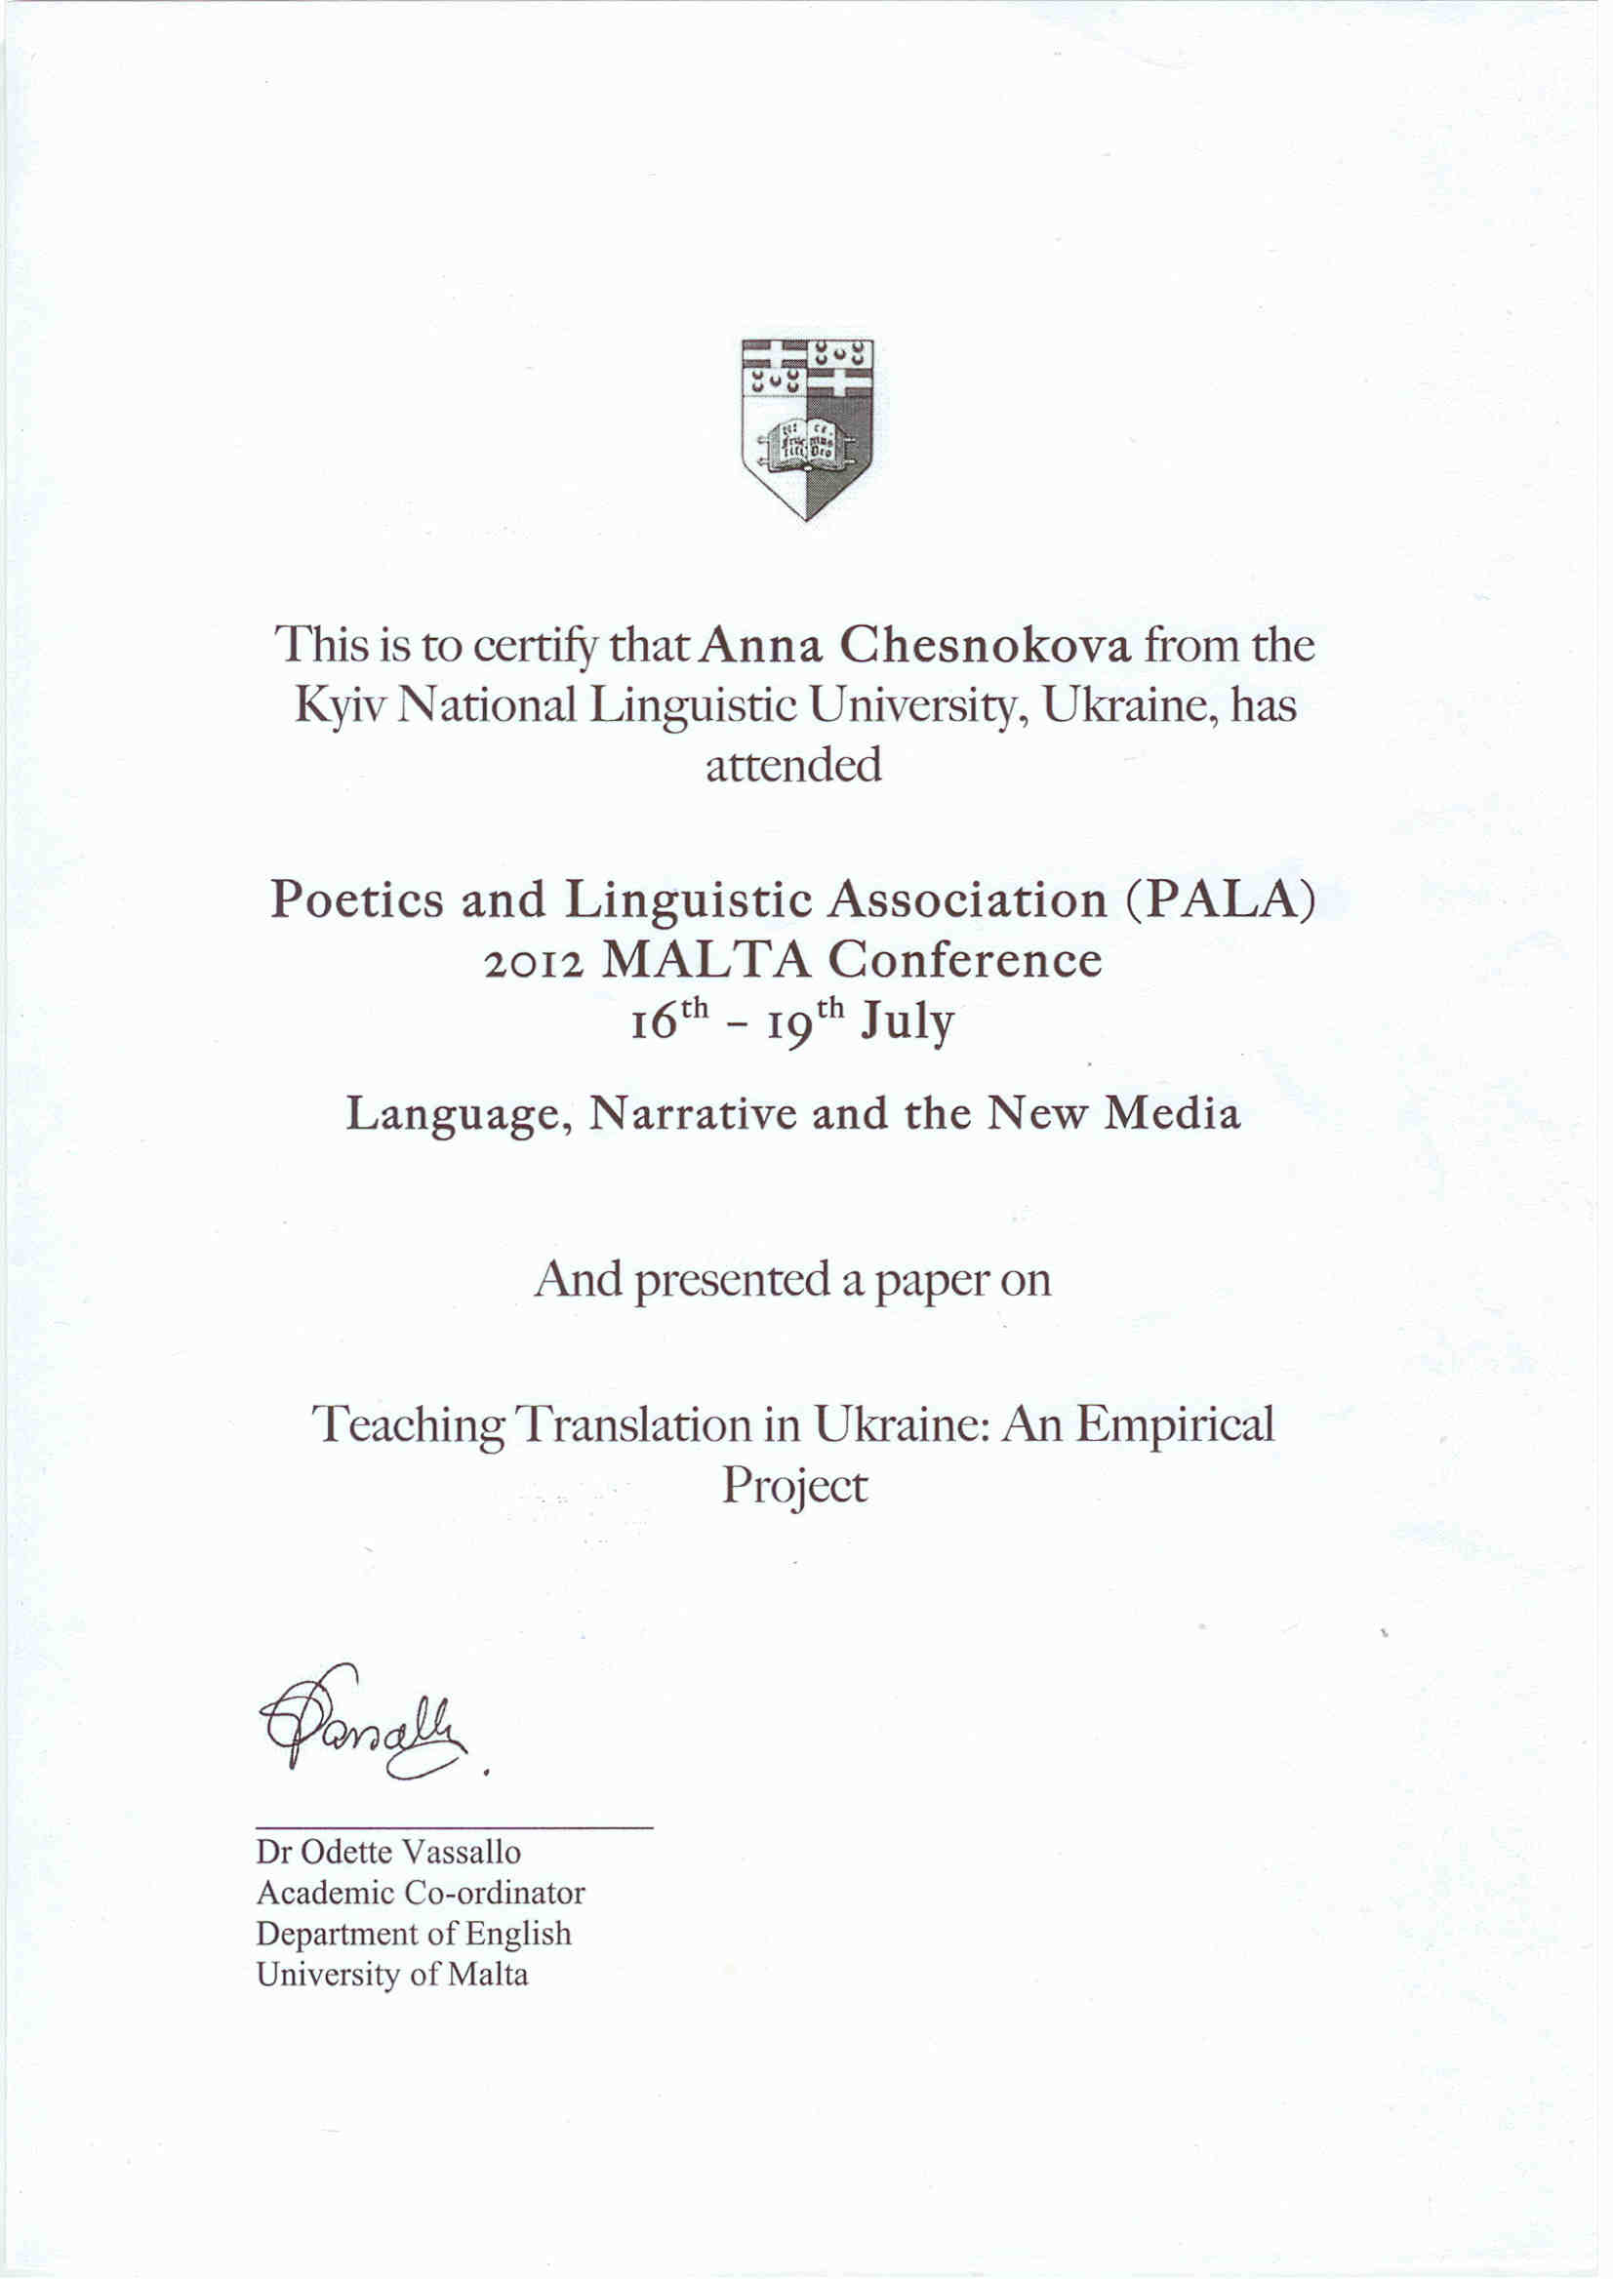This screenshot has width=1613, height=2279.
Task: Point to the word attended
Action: click(x=793, y=765)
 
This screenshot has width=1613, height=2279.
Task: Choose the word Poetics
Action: click(x=357, y=900)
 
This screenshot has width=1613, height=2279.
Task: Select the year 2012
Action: click(x=534, y=961)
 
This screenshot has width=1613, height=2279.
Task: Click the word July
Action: click(x=907, y=1021)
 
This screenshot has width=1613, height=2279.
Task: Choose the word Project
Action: click(x=794, y=1487)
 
